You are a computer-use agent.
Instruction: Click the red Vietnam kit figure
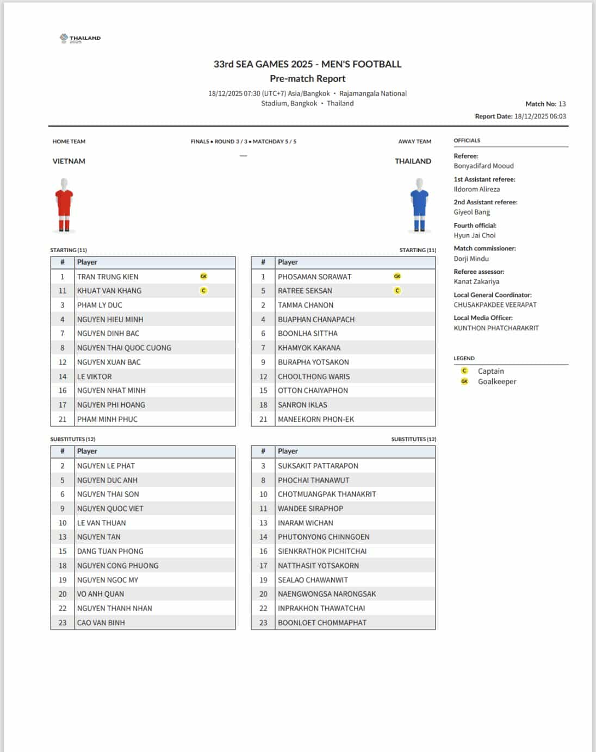coord(64,205)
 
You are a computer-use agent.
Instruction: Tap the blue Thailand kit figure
coord(419,205)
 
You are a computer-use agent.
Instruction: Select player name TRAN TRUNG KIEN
coord(108,277)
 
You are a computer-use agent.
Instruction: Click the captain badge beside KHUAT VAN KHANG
coord(203,291)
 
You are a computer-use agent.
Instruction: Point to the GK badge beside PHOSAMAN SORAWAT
coord(397,277)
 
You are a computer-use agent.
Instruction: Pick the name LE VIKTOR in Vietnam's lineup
coord(94,377)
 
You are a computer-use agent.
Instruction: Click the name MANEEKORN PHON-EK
coord(315,419)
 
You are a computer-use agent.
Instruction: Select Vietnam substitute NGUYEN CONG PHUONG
coord(117,566)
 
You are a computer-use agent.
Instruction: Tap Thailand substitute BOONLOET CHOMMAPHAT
coord(322,623)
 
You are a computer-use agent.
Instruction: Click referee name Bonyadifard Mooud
coord(483,166)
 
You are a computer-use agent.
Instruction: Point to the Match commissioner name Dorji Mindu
coord(471,259)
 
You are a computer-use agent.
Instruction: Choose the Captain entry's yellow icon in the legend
coord(464,371)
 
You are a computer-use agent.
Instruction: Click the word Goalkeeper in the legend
coord(496,381)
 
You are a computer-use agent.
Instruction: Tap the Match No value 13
coord(562,104)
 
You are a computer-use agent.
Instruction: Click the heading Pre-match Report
coord(307,79)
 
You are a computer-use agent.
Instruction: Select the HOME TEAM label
coord(69,142)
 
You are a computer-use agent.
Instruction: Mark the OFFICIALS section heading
coord(467,141)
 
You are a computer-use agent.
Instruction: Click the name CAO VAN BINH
coord(101,623)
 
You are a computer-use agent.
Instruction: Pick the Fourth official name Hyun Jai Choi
coord(474,235)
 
